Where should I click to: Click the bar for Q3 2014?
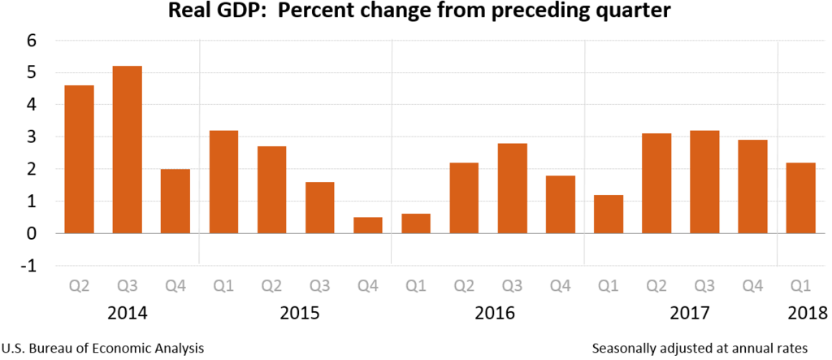pyautogui.click(x=127, y=150)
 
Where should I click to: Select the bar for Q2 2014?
pyautogui.click(x=79, y=159)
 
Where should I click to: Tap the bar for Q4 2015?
pyautogui.click(x=368, y=225)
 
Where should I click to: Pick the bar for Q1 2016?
pyautogui.click(x=416, y=223)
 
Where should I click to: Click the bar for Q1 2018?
pyautogui.click(x=800, y=198)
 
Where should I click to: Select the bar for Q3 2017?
pyautogui.click(x=704, y=182)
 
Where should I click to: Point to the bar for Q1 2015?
pyautogui.click(x=223, y=182)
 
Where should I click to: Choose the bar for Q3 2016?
pyautogui.click(x=512, y=189)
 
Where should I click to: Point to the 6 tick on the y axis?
pyautogui.click(x=32, y=41)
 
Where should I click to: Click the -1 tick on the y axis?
pyautogui.click(x=29, y=266)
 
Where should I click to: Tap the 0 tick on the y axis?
pyautogui.click(x=32, y=234)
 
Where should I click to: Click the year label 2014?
pyautogui.click(x=127, y=313)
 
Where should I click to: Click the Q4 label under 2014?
pyautogui.click(x=175, y=286)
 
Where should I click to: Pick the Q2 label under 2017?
pyautogui.click(x=656, y=286)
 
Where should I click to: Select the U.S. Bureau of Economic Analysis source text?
pyautogui.click(x=102, y=348)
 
